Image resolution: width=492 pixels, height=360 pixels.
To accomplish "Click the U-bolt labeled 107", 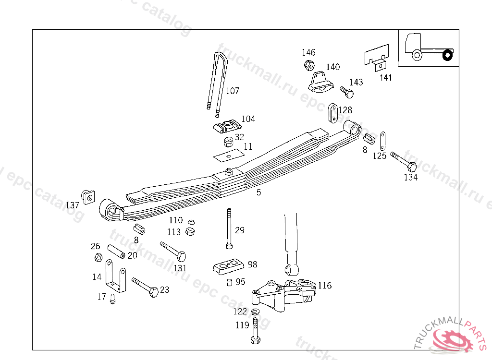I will pyautogui.click(x=217, y=82).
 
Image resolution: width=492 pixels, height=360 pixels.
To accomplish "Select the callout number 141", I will pyautogui.click(x=385, y=78).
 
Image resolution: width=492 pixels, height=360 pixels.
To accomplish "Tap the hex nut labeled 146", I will pyautogui.click(x=308, y=65).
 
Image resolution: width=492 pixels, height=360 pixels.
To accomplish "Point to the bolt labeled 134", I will pyautogui.click(x=403, y=161).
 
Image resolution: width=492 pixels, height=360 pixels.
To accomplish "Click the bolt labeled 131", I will pyautogui.click(x=173, y=251).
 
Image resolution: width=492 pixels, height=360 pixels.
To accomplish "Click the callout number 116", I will pyautogui.click(x=324, y=286).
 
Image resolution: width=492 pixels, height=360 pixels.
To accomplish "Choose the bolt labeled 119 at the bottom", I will pyautogui.click(x=255, y=332).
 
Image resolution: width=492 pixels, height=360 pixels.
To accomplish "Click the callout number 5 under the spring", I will pyautogui.click(x=259, y=192).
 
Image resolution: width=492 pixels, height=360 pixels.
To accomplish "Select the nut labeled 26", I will pyautogui.click(x=97, y=257).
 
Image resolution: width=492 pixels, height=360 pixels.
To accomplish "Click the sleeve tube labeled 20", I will pyautogui.click(x=116, y=251).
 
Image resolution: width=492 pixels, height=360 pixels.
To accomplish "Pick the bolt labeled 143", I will pyautogui.click(x=346, y=91).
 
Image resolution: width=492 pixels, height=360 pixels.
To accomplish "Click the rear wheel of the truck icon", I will pyautogui.click(x=447, y=56).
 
